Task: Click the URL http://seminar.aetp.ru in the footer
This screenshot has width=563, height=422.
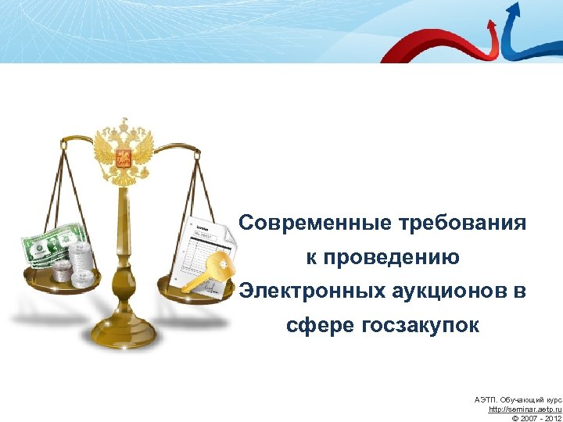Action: click(525, 409)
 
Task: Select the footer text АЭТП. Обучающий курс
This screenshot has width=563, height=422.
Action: click(518, 399)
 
